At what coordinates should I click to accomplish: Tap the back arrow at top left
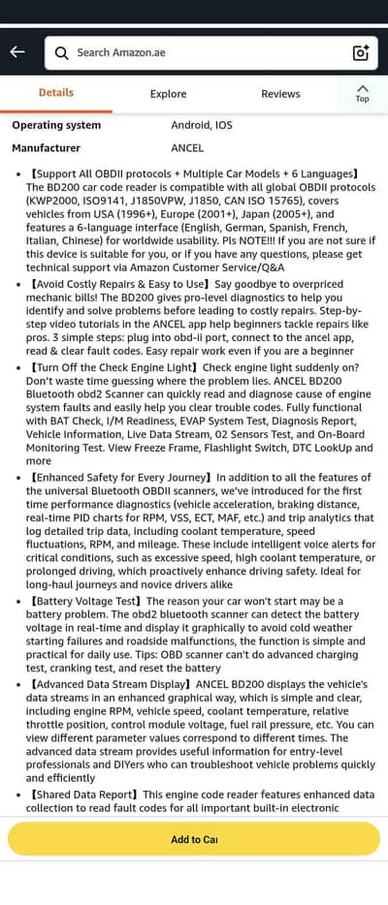pos(17,52)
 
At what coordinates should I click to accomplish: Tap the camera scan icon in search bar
pos(361,52)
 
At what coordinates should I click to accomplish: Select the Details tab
pos(56,93)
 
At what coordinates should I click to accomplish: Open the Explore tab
pos(169,94)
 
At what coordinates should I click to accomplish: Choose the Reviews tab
pos(280,94)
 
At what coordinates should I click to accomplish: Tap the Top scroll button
pos(362,94)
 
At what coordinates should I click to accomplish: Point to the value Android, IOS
pos(202,125)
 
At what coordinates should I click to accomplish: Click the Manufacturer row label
pos(46,148)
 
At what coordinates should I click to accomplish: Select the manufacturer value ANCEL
pos(187,148)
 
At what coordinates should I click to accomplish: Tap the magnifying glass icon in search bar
pos(62,52)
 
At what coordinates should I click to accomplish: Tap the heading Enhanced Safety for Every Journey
pos(120,478)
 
